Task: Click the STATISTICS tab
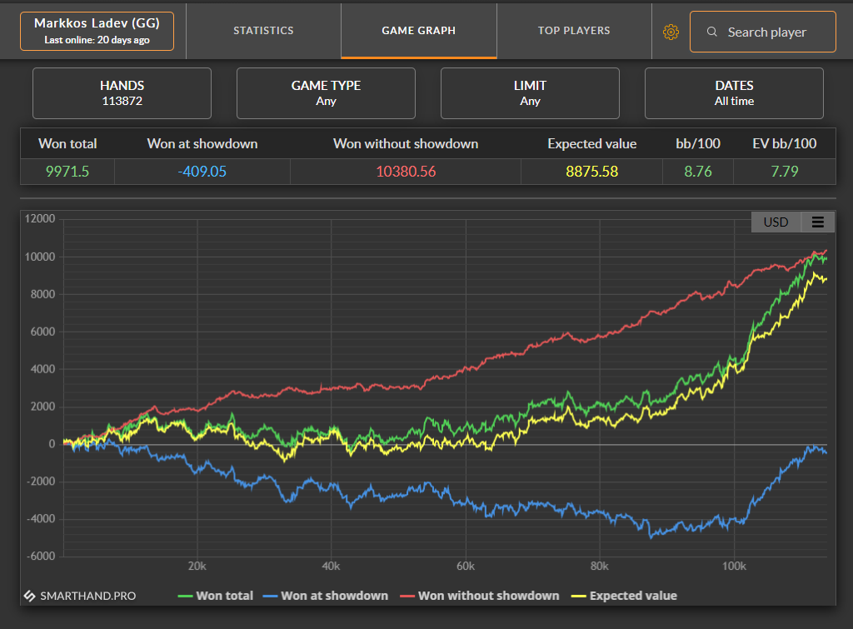tap(263, 31)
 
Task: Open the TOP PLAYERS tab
tap(574, 31)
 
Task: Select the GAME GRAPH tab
tap(419, 31)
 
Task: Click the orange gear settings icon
tap(671, 32)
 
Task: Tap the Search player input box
tap(763, 32)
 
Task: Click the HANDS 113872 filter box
tap(122, 93)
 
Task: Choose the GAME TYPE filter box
tap(326, 93)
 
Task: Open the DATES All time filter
tap(734, 93)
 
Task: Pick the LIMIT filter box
tap(530, 93)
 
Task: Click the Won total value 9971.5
tap(67, 172)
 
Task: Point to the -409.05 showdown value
tap(202, 172)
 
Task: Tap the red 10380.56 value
tap(406, 172)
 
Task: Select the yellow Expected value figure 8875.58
tap(592, 172)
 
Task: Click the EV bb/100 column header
tap(785, 143)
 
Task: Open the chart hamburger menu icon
tap(818, 222)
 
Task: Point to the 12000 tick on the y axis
tap(40, 219)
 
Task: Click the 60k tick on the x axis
tap(466, 567)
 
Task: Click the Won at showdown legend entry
tap(326, 596)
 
